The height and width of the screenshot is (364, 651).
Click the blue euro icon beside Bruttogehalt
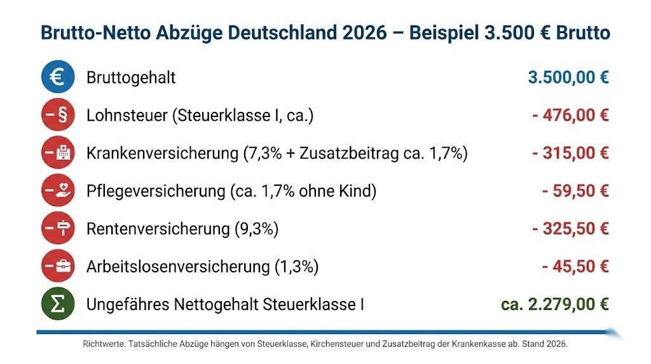(x=58, y=78)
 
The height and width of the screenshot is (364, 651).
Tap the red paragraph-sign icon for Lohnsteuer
(x=58, y=116)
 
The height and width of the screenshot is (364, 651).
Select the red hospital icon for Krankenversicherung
(x=58, y=153)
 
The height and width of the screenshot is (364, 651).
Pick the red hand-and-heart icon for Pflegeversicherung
(x=58, y=191)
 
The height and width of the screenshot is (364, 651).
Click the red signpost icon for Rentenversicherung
(x=58, y=228)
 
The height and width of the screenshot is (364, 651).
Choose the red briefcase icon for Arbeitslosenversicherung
(x=58, y=266)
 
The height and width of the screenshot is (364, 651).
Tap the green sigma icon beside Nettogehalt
(x=58, y=304)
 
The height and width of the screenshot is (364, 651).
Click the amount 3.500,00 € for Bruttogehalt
(x=568, y=78)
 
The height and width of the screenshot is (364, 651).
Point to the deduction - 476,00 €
(x=570, y=116)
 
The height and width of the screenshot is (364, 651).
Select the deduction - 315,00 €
(x=570, y=153)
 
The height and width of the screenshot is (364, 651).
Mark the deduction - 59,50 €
(x=575, y=191)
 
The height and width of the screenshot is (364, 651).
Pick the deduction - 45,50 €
(x=575, y=266)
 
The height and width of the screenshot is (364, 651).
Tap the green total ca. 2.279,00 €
(x=555, y=304)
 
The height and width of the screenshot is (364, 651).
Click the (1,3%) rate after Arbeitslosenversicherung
(x=297, y=266)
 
